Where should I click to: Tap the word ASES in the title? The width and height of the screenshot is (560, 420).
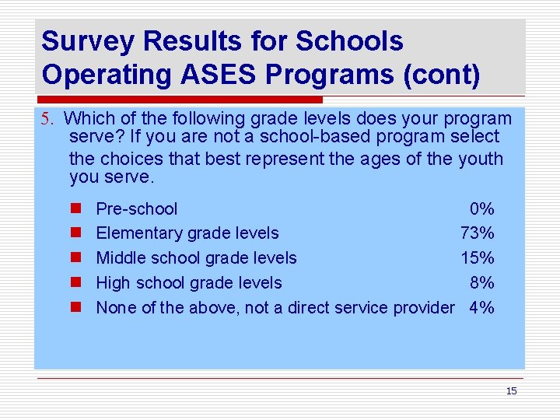pyautogui.click(x=222, y=75)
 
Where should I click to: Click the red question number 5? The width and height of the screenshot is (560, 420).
pyautogui.click(x=47, y=120)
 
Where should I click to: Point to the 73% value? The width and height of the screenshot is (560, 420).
pyautogui.click(x=478, y=233)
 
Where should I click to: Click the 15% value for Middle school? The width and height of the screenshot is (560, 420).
pyautogui.click(x=478, y=258)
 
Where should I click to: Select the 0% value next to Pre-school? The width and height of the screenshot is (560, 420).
pyautogui.click(x=481, y=209)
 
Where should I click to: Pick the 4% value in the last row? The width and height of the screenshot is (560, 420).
pyautogui.click(x=481, y=308)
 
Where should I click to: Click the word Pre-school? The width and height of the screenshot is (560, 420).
pyautogui.click(x=136, y=209)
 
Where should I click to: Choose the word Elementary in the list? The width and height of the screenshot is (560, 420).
pyautogui.click(x=138, y=233)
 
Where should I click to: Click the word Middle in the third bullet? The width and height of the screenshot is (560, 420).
pyautogui.click(x=119, y=258)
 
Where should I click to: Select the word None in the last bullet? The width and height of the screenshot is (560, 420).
pyautogui.click(x=116, y=308)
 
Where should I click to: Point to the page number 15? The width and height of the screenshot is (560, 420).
pyautogui.click(x=511, y=391)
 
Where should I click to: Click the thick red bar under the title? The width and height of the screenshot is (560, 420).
pyautogui.click(x=179, y=100)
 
